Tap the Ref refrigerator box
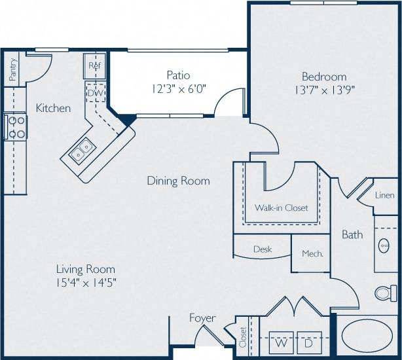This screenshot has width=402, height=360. [x=94, y=65]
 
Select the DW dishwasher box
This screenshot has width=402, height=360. [x=94, y=93]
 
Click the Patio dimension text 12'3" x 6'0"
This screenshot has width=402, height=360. [x=177, y=89]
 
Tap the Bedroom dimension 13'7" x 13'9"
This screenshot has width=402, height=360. [x=324, y=91]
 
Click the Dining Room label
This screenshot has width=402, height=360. [x=178, y=181]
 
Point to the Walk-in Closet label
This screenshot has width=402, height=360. [x=281, y=208]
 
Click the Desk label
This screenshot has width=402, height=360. [x=262, y=249]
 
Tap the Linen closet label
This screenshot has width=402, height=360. [x=385, y=195]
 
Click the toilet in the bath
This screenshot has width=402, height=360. [x=386, y=293]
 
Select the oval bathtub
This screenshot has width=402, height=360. [x=367, y=336]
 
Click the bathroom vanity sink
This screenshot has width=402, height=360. [x=385, y=246]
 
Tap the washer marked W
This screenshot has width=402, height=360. [x=281, y=342]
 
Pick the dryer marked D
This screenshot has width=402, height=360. [x=309, y=342]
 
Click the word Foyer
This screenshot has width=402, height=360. [x=202, y=318]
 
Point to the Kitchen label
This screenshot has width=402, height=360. [x=53, y=108]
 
